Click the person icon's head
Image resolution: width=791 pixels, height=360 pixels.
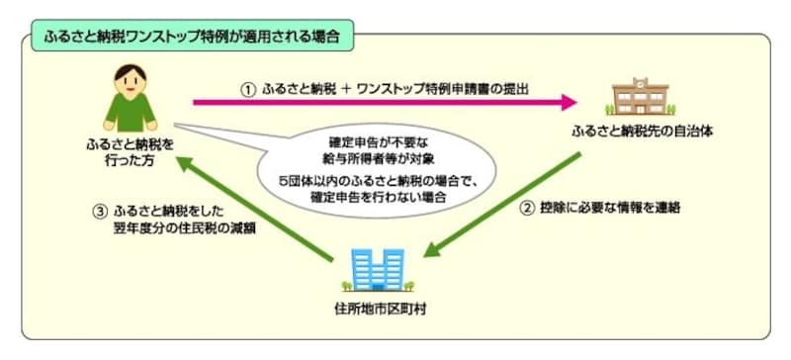pyautogui.click(x=130, y=74)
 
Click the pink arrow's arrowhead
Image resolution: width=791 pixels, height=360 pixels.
pyautogui.click(x=567, y=101)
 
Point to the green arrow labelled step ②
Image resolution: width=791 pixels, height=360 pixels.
pyautogui.click(x=494, y=203)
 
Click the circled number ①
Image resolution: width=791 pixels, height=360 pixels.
pyautogui.click(x=248, y=88)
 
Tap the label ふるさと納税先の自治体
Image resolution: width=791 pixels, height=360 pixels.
pyautogui.click(x=637, y=131)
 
